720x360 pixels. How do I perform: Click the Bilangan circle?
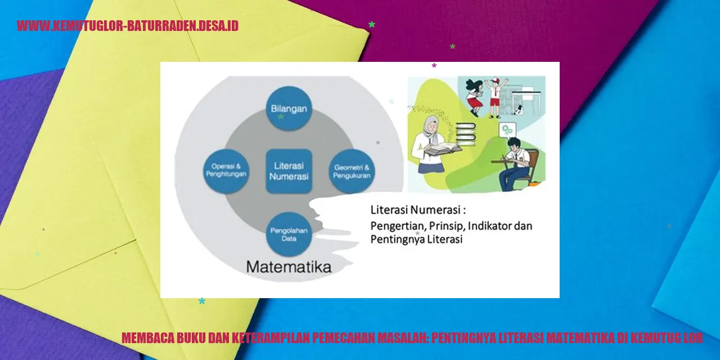(289, 109)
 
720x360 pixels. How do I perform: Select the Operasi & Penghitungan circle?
(226, 171)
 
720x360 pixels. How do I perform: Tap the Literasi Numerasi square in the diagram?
(289, 171)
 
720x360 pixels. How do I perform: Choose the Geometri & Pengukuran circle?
(352, 171)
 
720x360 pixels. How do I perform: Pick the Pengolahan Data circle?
(289, 235)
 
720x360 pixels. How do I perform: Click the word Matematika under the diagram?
(289, 267)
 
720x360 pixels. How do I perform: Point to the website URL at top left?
(128, 26)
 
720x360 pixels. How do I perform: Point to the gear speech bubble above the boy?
(507, 130)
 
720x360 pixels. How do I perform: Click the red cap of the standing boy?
(496, 80)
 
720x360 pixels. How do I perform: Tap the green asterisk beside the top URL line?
(372, 24)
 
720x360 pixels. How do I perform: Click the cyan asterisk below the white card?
(202, 301)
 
